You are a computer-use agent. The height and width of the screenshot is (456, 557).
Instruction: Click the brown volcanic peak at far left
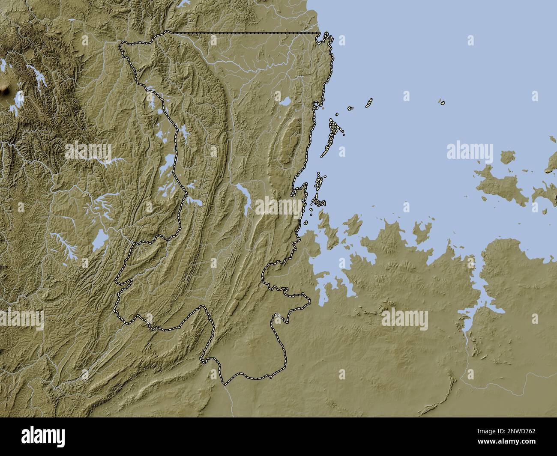click(x=5, y=89)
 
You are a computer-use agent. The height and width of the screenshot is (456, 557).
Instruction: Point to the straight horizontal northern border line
click(x=244, y=33)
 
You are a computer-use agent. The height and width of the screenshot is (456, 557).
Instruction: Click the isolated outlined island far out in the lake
click(x=442, y=102)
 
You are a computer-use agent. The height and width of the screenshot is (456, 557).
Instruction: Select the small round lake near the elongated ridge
click(x=284, y=101)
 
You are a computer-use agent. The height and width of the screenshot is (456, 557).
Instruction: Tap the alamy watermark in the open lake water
click(x=470, y=151)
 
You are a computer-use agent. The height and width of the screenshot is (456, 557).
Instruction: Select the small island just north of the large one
click(x=508, y=158)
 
